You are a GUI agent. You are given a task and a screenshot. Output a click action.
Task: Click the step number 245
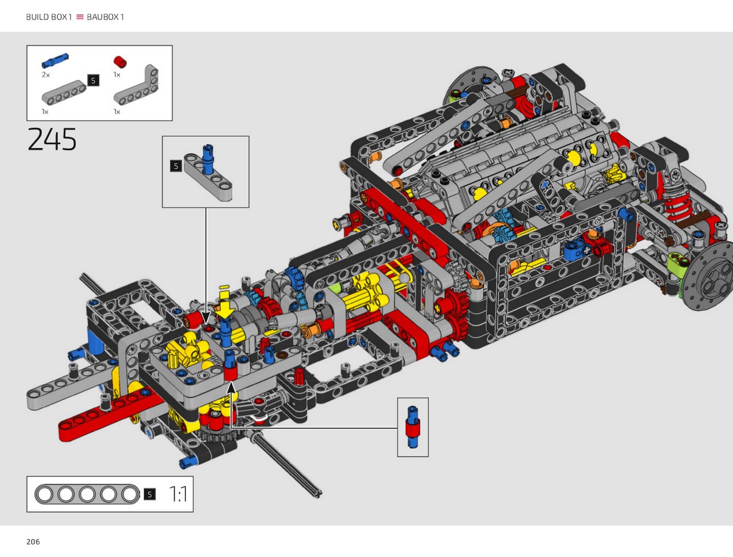tap(52, 139)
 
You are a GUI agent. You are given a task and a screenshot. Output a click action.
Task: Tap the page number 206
tap(33, 542)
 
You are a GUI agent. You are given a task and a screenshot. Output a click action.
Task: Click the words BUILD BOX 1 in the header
tap(49, 17)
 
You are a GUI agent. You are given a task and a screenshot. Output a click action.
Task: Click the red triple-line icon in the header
tap(80, 17)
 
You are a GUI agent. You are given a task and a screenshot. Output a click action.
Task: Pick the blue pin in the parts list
tap(55, 61)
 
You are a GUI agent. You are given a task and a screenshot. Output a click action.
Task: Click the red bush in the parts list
tap(120, 62)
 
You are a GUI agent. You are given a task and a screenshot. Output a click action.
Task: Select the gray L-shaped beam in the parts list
tap(136, 85)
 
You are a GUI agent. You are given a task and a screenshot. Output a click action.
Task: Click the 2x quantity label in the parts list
tap(46, 75)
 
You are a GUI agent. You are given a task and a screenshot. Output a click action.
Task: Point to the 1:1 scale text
tap(178, 494)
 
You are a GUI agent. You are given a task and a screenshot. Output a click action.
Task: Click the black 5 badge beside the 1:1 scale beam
tap(149, 494)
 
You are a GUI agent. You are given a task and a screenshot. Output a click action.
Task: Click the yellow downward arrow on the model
tap(224, 305)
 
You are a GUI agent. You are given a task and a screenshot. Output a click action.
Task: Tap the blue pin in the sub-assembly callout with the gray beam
tap(208, 160)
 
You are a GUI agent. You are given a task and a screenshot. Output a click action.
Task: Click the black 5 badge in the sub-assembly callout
tap(176, 166)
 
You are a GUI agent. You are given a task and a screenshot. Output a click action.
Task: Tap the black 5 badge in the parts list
tap(93, 80)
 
